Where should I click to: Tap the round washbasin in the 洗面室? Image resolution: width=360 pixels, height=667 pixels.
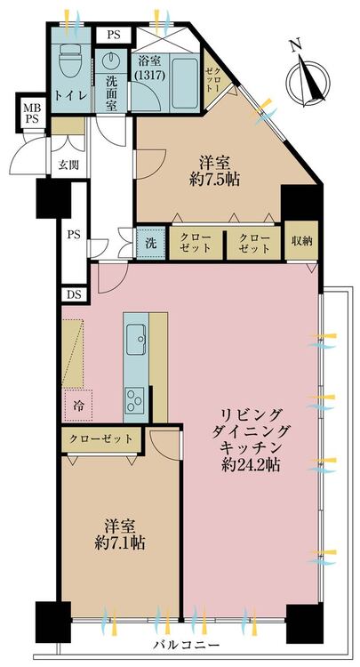point(110,60)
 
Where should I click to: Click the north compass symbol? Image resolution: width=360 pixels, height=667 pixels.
point(308,78)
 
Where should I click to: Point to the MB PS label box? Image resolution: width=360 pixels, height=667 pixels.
point(31,114)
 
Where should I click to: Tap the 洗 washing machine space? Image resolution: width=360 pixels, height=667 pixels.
point(150,244)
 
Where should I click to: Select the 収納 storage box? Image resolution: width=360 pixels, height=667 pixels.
point(301,241)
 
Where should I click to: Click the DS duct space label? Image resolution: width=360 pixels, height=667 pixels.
point(74,294)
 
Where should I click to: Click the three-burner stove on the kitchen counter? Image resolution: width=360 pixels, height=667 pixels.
point(135,399)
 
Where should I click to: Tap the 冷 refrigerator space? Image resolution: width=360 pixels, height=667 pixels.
point(78,405)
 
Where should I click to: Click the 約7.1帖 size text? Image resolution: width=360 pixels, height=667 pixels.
point(119,542)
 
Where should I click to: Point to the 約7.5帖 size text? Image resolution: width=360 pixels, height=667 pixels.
point(214,179)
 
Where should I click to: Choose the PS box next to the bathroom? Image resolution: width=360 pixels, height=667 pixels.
point(114,36)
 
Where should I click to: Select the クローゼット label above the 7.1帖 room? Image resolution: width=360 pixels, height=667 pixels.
point(101,439)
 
